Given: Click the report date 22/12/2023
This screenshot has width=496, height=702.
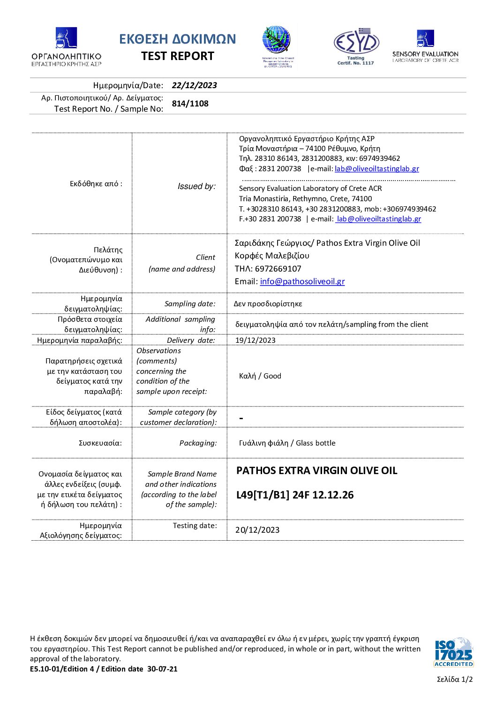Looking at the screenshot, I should pyautogui.click(x=194, y=85).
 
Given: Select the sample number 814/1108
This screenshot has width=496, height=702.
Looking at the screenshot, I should pyautogui.click(x=190, y=104).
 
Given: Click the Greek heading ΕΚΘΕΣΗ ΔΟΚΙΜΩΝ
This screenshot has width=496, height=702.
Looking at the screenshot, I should pyautogui.click(x=177, y=39).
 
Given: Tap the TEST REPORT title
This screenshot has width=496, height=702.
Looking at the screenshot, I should pyautogui.click(x=178, y=56).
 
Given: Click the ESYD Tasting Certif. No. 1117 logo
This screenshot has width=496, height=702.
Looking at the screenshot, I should pyautogui.click(x=356, y=46).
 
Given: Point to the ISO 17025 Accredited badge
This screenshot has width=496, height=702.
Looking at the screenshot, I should pyautogui.click(x=453, y=651).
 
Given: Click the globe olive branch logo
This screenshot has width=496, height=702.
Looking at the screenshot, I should pyautogui.click(x=278, y=46).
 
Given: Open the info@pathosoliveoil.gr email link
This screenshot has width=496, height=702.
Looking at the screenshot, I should pyautogui.click(x=302, y=281).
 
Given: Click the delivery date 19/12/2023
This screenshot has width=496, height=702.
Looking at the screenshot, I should pyautogui.click(x=256, y=340).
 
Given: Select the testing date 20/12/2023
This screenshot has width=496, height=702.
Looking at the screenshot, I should pyautogui.click(x=257, y=530).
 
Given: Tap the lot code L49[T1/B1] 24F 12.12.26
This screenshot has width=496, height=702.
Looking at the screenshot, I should pyautogui.click(x=295, y=495).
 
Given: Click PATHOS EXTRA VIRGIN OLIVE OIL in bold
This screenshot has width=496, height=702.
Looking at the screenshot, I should pyautogui.click(x=316, y=471).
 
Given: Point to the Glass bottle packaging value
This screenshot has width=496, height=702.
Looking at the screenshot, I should pyautogui.click(x=287, y=443).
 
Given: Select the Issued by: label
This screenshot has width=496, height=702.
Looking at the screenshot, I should pyautogui.click(x=196, y=186).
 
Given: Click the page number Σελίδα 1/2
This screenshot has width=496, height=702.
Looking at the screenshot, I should pyautogui.click(x=455, y=679).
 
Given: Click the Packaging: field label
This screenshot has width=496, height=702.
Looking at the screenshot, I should pyautogui.click(x=198, y=443).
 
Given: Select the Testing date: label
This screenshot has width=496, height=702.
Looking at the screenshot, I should pyautogui.click(x=195, y=526).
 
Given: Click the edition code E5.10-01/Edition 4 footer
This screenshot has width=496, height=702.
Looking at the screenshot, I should pyautogui.click(x=104, y=669).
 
